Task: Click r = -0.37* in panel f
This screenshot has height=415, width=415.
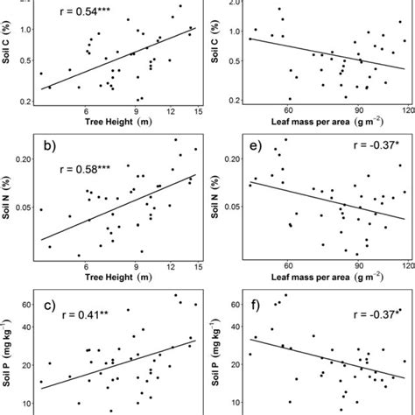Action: click(371, 313)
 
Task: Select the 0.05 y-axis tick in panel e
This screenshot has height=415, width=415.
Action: click(234, 207)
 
